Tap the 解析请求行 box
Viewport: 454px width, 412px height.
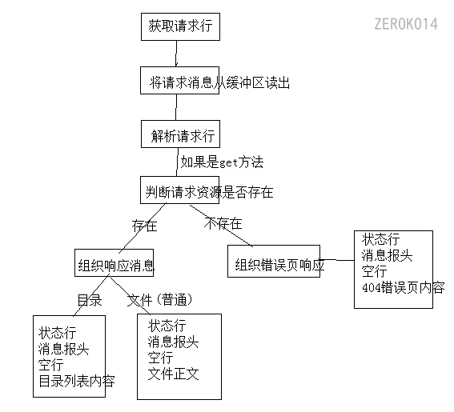[x=181, y=135]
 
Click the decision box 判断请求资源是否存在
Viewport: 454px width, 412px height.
[x=209, y=191]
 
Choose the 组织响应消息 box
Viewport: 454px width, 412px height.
[x=115, y=266]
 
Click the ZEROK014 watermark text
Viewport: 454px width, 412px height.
[x=405, y=24]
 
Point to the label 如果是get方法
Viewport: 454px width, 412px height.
[x=222, y=162]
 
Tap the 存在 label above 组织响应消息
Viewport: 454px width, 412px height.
[x=144, y=226]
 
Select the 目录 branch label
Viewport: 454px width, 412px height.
[x=89, y=300]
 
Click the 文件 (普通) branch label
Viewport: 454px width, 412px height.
[x=160, y=300]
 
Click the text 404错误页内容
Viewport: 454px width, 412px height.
[x=403, y=287]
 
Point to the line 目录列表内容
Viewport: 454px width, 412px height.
[x=76, y=381]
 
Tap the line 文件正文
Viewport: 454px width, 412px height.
[x=173, y=374]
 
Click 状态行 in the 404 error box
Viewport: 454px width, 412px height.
[x=381, y=239]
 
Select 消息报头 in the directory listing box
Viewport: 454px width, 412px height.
[x=63, y=349]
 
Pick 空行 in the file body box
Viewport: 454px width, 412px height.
[x=160, y=358]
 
